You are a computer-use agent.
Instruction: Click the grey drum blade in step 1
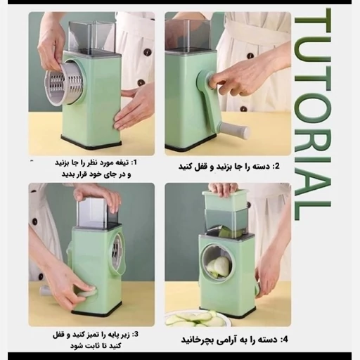point(65,84)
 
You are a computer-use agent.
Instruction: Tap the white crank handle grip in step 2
point(235,128)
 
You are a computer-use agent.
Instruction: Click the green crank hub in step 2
point(206,80)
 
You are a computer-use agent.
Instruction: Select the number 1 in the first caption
point(136,162)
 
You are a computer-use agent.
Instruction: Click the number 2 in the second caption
point(276,166)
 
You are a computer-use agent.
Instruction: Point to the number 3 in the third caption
point(136,334)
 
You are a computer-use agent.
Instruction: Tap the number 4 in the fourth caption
point(285,339)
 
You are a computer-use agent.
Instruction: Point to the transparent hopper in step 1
point(92,37)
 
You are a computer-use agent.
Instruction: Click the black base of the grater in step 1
point(91,142)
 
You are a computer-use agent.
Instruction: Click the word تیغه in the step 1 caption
point(123,162)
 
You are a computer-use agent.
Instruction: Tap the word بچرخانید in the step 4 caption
point(195,340)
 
